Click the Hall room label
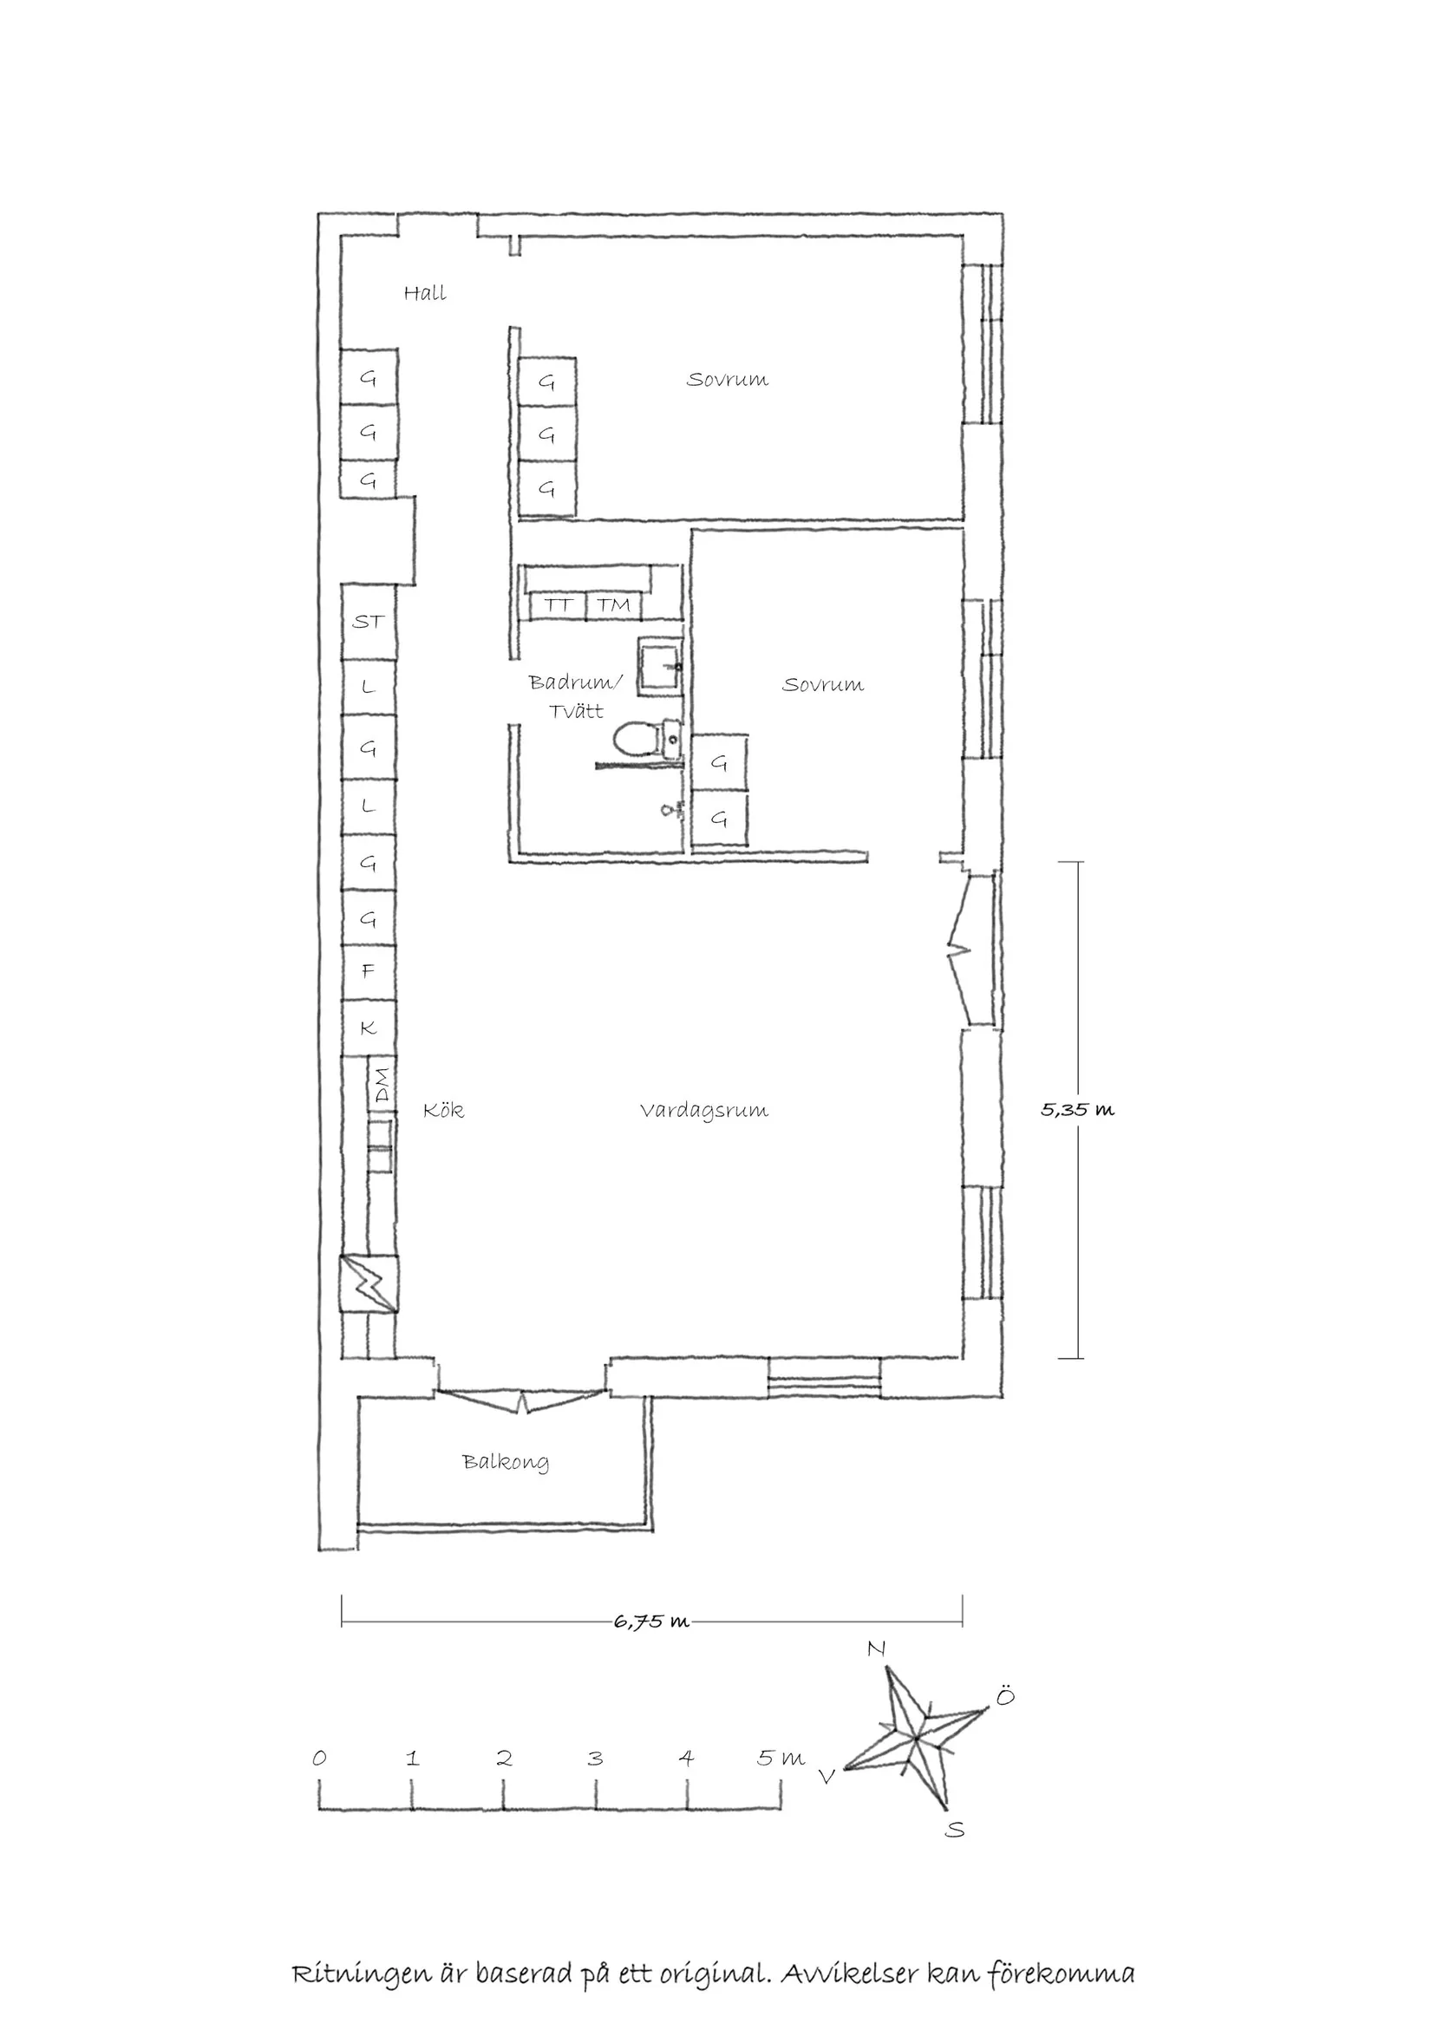coord(425,293)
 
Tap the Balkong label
coord(505,1462)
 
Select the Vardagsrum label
coord(704,1110)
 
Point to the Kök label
coord(443,1110)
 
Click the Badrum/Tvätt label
coord(575,696)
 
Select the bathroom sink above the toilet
coord(660,667)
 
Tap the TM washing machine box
coord(613,605)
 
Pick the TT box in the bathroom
coord(558,605)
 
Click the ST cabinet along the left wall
coord(369,622)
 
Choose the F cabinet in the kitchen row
coord(369,971)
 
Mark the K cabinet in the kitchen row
coord(369,1028)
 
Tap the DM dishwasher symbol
coord(381,1085)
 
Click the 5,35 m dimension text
coord(1077,1110)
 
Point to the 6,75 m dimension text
coord(651,1622)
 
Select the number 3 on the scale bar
coord(596,1759)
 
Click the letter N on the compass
coord(876,1649)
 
